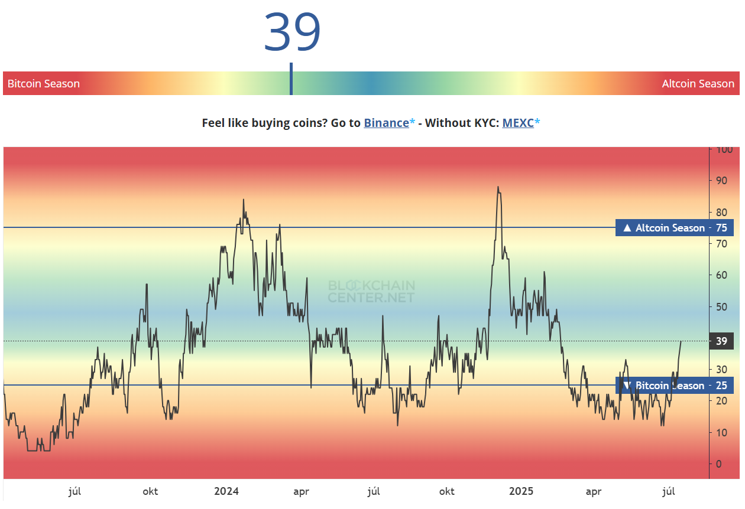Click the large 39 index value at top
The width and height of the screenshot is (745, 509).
(292, 32)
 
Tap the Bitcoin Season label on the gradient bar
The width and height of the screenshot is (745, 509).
(44, 84)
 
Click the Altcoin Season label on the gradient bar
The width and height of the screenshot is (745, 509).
(698, 84)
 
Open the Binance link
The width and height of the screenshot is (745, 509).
(386, 123)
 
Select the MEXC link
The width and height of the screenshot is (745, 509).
(518, 123)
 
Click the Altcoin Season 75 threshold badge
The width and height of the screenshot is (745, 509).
(674, 228)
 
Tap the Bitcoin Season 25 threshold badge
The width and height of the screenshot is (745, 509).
(674, 386)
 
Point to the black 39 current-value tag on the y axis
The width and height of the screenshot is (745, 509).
(721, 341)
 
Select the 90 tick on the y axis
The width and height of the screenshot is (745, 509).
(721, 181)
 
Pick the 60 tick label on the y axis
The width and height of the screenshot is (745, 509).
(721, 275)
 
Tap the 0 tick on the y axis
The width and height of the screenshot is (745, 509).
(719, 464)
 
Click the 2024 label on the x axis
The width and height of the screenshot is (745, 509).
(226, 491)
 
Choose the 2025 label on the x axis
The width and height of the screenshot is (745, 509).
(521, 491)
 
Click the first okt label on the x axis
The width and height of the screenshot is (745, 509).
(150, 491)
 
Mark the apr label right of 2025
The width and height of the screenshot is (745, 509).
(594, 491)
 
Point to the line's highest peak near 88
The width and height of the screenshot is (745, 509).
(498, 187)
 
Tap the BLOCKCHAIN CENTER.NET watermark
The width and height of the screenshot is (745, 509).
(371, 292)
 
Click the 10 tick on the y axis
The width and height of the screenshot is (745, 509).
(721, 433)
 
